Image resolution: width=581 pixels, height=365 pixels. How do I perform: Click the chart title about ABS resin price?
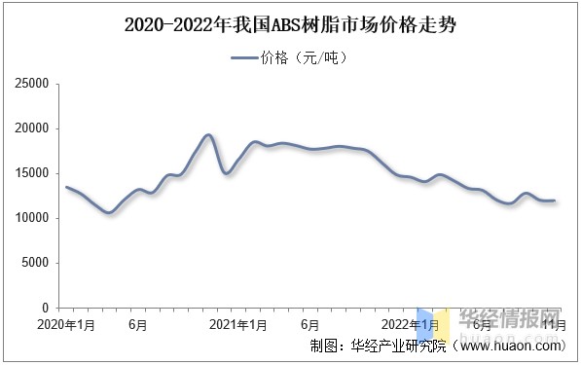(x=290, y=25)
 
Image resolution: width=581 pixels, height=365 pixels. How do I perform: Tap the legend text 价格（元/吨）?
(x=305, y=58)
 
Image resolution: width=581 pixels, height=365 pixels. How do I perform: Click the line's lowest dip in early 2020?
(x=109, y=212)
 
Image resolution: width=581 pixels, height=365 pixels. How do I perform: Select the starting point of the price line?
(x=66, y=187)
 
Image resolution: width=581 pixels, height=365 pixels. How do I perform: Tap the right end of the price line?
(x=554, y=201)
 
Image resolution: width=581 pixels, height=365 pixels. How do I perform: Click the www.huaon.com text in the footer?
(x=506, y=346)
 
